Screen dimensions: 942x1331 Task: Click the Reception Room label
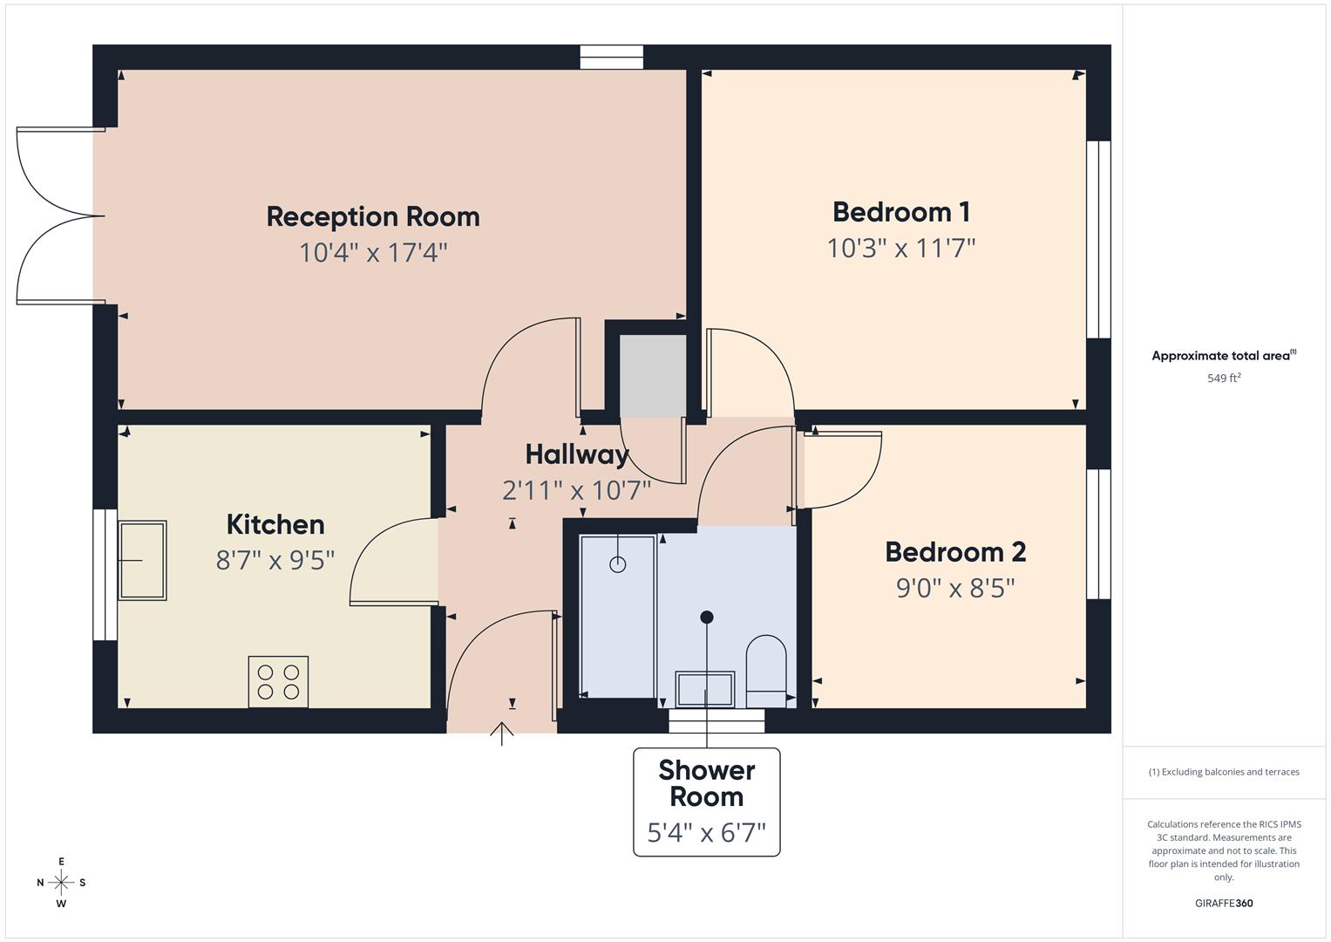[373, 216]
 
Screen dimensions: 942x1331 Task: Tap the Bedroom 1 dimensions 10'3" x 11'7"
[900, 249]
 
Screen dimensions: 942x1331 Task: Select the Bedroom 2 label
[955, 552]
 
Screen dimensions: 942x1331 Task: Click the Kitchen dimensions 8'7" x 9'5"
[275, 560]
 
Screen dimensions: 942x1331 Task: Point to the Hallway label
[576, 454]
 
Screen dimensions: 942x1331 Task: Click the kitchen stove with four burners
[278, 681]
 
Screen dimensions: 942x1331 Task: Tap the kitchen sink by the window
[142, 561]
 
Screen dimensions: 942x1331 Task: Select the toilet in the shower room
[766, 670]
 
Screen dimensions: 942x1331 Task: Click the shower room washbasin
[705, 688]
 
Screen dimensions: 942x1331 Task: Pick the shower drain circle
[618, 564]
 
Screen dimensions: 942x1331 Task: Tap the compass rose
[61, 883]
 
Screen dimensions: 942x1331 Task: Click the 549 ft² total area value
[1224, 379]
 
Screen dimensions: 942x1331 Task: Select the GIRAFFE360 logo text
[1224, 904]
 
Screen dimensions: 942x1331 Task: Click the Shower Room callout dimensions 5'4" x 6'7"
[706, 833]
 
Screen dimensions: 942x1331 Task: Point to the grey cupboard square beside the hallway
[653, 376]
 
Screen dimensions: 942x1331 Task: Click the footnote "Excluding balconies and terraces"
[1224, 772]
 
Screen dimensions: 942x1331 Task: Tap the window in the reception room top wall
[612, 58]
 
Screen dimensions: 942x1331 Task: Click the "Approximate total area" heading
[1224, 356]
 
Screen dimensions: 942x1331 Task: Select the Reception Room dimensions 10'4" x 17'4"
[373, 253]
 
